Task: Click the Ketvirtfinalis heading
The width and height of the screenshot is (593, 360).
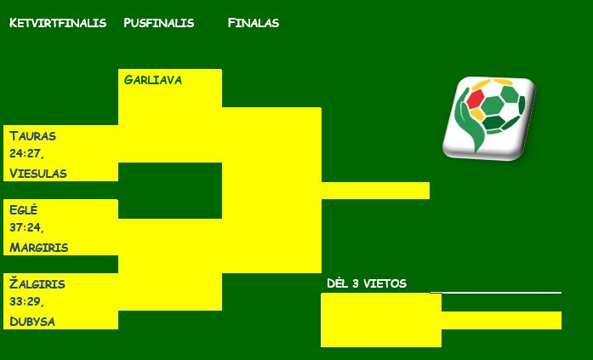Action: pos(58,23)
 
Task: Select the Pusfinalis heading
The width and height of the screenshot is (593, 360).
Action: pos(159,23)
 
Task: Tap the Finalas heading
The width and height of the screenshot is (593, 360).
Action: pos(254,23)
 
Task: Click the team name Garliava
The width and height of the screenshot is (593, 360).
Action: pos(153,80)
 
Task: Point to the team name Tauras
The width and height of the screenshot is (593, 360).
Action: pos(32,136)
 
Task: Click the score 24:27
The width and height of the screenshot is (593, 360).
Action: pos(26,153)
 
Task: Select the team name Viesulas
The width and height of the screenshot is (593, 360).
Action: pos(37,174)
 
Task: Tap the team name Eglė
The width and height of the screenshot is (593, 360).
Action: pos(24,209)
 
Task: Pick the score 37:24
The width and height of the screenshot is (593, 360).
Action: pos(26,227)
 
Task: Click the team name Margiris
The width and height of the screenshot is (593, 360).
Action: pos(38,248)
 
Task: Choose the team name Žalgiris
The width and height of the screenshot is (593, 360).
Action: pos(37,283)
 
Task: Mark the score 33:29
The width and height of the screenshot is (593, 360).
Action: pos(26,302)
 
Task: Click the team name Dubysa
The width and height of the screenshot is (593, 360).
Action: pos(32,322)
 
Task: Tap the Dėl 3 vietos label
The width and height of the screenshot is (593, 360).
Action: pos(367,283)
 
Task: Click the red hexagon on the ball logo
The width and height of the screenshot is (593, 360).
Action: pos(476,99)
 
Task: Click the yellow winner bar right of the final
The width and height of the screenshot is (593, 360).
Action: pos(375,191)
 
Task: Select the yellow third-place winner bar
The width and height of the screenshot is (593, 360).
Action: pos(501,320)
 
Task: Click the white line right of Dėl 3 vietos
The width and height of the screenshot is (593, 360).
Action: pos(496,292)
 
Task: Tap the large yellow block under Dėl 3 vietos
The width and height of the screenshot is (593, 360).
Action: pos(381,320)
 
